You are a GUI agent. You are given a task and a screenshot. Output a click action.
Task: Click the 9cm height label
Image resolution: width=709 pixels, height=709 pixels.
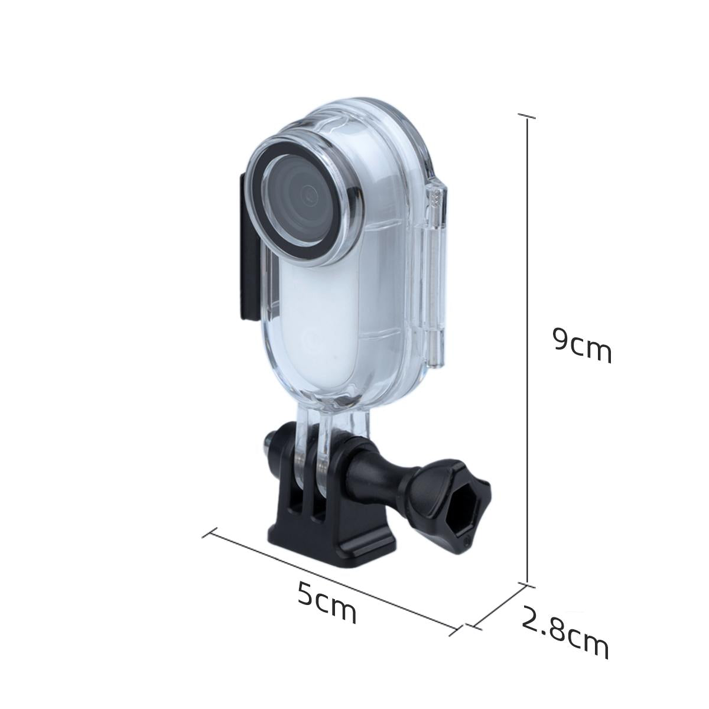pyautogui.click(x=581, y=346)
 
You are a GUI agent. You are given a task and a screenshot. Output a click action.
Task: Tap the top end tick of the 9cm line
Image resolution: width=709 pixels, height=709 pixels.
pyautogui.click(x=527, y=116)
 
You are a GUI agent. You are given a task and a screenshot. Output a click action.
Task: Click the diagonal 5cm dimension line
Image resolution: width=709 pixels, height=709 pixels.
pyautogui.click(x=331, y=582)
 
